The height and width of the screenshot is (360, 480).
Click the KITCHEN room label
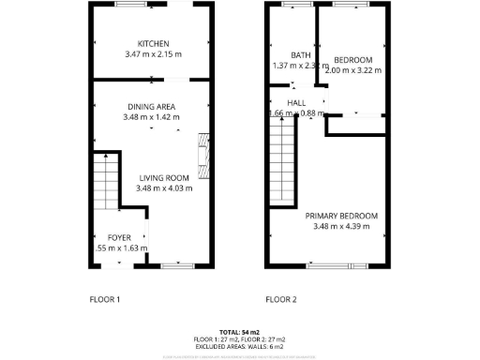tap(153, 44)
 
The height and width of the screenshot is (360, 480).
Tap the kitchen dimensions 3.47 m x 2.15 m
tap(153, 54)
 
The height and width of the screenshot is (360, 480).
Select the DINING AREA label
tap(151, 106)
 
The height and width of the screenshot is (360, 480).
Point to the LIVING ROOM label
tap(164, 178)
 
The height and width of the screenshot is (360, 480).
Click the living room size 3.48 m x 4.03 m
tap(164, 188)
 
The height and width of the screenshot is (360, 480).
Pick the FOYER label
tap(119, 238)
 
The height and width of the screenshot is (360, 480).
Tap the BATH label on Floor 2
tap(300, 55)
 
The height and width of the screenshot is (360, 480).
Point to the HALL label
tap(296, 103)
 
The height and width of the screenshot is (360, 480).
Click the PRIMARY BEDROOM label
tap(346, 217)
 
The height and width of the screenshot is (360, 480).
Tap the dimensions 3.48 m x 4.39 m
tap(346, 227)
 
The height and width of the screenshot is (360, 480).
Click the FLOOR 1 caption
tap(104, 300)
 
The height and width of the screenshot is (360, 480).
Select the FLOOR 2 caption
tap(280, 300)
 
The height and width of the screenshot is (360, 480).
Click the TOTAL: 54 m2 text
tap(239, 333)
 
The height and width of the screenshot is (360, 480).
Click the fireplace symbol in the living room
tap(202, 155)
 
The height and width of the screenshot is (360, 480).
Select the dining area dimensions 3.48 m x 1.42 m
tap(151, 117)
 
